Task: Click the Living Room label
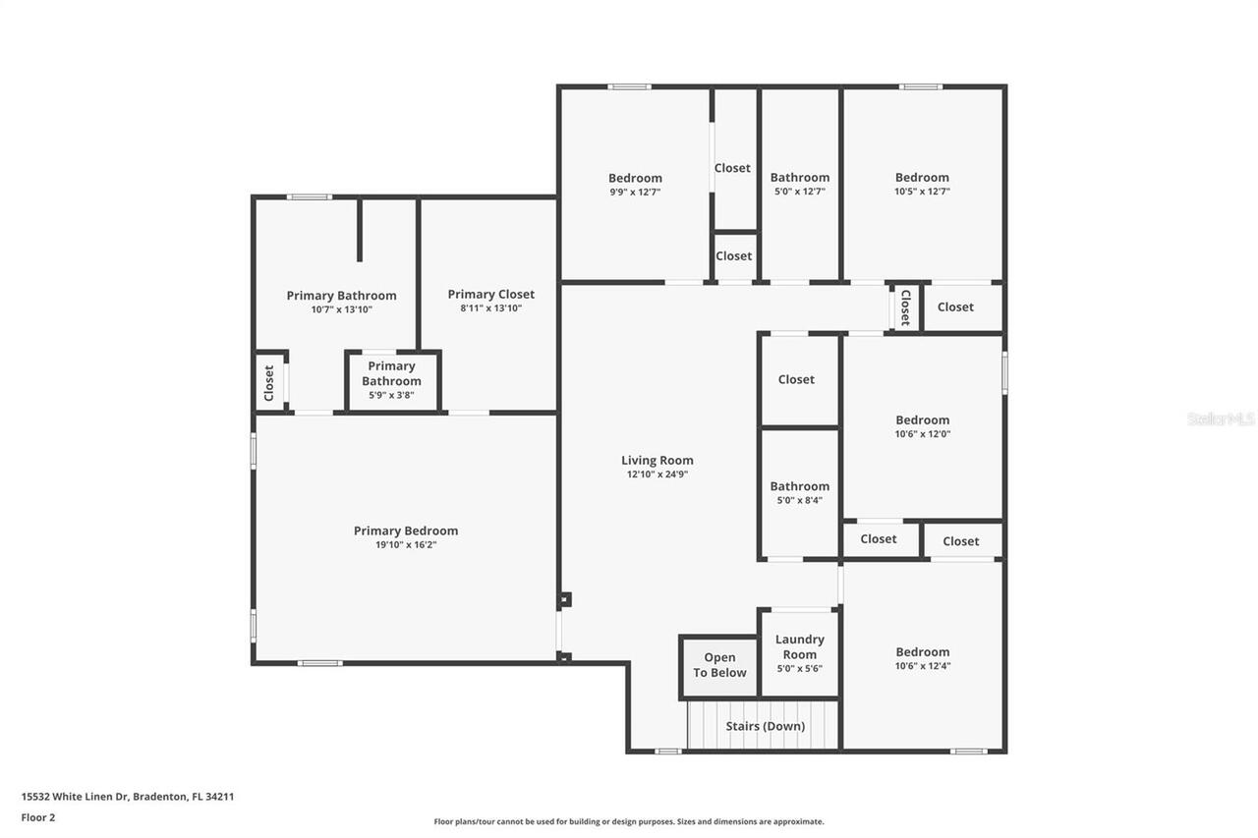[657, 460]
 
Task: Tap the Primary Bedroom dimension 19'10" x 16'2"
[406, 544]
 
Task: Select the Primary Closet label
[490, 294]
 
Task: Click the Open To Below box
[719, 666]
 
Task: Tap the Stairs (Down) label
[765, 726]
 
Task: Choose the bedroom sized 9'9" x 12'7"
[635, 185]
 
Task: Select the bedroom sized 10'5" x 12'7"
[922, 185]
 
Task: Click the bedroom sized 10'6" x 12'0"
[922, 426]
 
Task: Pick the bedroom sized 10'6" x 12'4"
[922, 658]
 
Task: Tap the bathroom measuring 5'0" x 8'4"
[799, 492]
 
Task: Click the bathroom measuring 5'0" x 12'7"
[799, 185]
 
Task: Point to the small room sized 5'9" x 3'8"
[391, 379]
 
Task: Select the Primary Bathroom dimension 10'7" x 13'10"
[341, 309]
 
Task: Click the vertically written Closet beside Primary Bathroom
[269, 383]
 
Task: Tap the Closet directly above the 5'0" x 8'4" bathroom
[796, 379]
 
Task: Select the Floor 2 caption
[38, 816]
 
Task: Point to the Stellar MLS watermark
[1221, 419]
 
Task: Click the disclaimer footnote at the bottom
[629, 821]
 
